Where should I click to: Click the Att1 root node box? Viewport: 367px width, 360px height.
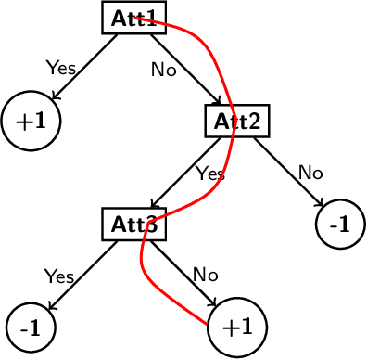133,18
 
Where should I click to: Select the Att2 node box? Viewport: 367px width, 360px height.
236,120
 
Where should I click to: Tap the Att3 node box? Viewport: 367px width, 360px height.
133,224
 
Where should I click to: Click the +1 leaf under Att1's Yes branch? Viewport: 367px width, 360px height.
31,121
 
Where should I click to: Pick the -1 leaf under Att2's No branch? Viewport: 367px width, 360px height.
340,225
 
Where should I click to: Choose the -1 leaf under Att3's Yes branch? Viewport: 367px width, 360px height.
31,328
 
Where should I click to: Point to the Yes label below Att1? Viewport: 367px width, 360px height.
61,68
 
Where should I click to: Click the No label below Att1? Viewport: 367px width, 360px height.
164,70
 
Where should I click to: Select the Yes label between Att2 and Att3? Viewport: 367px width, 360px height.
210,173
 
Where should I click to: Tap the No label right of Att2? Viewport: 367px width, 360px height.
310,172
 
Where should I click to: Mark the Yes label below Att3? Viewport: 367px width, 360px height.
59,276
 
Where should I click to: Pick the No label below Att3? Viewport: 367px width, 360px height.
205,275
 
